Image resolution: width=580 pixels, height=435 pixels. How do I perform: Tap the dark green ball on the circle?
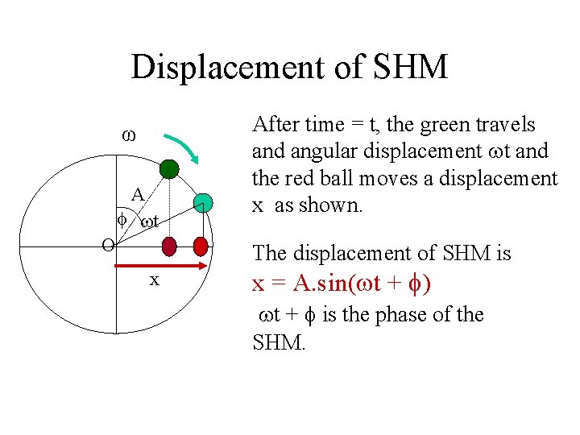click(x=168, y=168)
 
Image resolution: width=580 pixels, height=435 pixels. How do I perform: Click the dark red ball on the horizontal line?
click(x=169, y=245)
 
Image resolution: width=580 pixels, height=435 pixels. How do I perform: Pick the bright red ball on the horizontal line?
click(x=201, y=245)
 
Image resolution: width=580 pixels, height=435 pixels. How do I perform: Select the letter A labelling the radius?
click(x=139, y=194)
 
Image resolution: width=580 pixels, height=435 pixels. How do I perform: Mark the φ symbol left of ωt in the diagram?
click(x=122, y=219)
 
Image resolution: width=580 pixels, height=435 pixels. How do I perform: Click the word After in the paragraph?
click(x=275, y=124)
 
